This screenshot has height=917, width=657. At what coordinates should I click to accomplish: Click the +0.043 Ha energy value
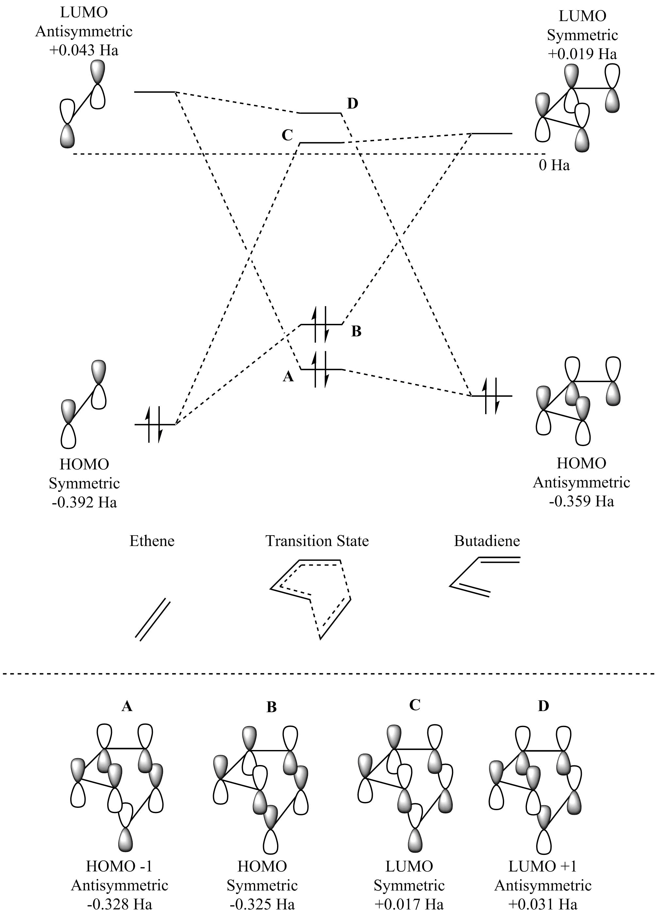84,50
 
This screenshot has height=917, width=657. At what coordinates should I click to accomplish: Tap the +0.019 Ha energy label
582,54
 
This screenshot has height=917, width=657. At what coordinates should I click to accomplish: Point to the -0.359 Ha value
582,501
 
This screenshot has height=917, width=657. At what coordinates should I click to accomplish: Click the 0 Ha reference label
554,165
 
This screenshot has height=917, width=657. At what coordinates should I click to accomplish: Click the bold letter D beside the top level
352,104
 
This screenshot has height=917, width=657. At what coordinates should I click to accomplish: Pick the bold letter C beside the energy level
287,135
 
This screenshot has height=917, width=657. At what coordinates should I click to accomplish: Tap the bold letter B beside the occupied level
356,331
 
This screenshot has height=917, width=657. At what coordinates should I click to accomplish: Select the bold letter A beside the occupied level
288,377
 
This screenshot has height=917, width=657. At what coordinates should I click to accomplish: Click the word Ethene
152,541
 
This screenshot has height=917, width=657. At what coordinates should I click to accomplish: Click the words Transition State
317,541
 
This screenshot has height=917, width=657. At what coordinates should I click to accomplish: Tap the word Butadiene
487,541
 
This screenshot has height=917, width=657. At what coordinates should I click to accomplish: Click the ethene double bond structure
153,619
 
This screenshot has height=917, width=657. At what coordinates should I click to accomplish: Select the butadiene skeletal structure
485,576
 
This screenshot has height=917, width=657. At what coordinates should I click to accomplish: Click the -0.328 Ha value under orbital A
120,904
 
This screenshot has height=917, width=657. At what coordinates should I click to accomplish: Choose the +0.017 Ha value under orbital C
409,904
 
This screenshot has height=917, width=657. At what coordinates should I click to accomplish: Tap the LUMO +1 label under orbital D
543,866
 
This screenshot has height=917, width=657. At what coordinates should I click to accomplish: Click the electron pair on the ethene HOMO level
154,424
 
